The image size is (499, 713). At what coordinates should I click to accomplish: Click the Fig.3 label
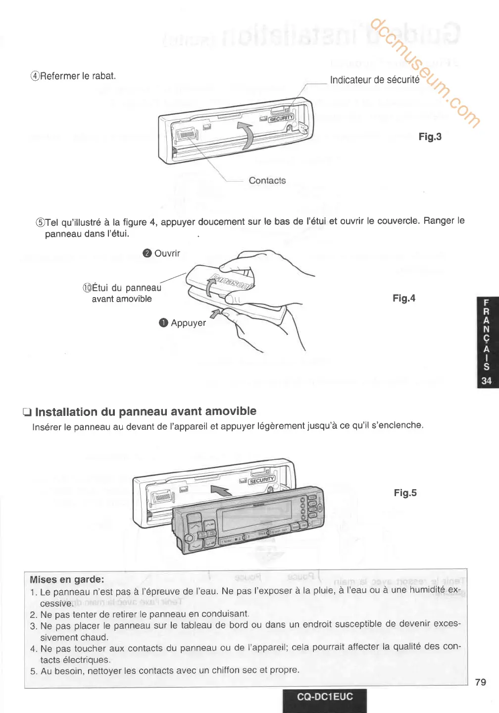pyautogui.click(x=430, y=137)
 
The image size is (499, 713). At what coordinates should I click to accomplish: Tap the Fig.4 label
pyautogui.click(x=404, y=298)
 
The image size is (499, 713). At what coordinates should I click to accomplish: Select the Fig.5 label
pyautogui.click(x=405, y=493)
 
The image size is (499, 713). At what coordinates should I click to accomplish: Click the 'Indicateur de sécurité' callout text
pyautogui.click(x=375, y=80)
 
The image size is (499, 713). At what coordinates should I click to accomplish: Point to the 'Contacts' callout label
pyautogui.click(x=267, y=181)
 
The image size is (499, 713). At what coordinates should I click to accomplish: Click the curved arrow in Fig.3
pyautogui.click(x=246, y=135)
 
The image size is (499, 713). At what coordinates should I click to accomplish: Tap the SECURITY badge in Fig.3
pyautogui.click(x=281, y=118)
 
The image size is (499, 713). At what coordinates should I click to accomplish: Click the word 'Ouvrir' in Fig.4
pyautogui.click(x=167, y=254)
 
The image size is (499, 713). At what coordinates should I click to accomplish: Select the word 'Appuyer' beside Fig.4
pyautogui.click(x=188, y=323)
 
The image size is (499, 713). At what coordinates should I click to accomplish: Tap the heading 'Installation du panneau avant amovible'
pyautogui.click(x=146, y=411)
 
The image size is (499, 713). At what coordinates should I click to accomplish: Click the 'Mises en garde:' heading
pyautogui.click(x=67, y=579)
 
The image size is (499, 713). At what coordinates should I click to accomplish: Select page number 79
pyautogui.click(x=480, y=682)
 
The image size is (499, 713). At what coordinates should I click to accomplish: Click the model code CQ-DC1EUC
pyautogui.click(x=325, y=697)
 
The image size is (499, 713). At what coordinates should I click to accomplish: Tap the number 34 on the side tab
pyautogui.click(x=487, y=380)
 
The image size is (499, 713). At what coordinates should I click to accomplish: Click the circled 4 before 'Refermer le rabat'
pyautogui.click(x=35, y=76)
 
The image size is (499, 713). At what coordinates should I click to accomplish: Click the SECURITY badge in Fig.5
pyautogui.click(x=261, y=480)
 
